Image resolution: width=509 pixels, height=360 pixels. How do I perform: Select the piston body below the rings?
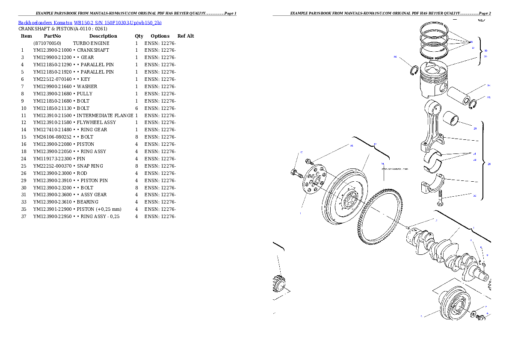click(432, 81)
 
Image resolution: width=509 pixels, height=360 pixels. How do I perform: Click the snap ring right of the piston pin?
click(473, 104)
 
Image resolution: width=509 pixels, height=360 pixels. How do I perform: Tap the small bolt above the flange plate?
click(309, 162)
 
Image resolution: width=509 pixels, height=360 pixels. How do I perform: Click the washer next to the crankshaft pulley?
click(475, 314)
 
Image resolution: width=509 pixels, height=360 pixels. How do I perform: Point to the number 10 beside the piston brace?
click(485, 50)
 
